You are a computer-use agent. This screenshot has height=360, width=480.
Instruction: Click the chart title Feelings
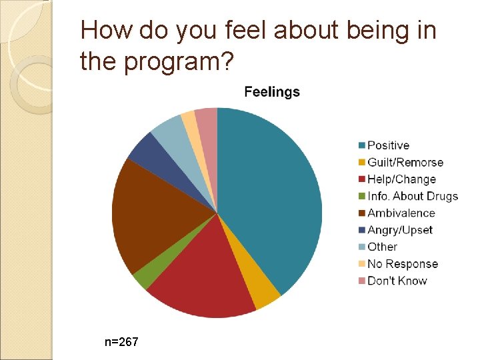tap(272, 92)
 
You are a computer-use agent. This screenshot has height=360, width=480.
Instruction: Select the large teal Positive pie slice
tap(273, 200)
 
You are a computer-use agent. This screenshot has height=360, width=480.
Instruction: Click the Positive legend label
tap(388, 145)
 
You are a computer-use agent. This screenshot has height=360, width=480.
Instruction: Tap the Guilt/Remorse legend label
tap(405, 163)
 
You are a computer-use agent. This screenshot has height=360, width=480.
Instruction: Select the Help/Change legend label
tap(401, 179)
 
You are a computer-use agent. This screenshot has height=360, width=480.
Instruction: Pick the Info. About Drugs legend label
tap(413, 196)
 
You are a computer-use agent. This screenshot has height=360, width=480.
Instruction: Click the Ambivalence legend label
tap(401, 213)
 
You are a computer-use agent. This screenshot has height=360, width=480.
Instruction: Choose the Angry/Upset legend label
tap(399, 230)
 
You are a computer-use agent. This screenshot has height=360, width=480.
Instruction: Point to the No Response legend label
tap(403, 264)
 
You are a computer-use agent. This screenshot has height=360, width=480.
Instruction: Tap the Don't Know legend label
tap(397, 281)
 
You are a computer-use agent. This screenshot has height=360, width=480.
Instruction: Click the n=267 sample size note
tap(121, 342)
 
